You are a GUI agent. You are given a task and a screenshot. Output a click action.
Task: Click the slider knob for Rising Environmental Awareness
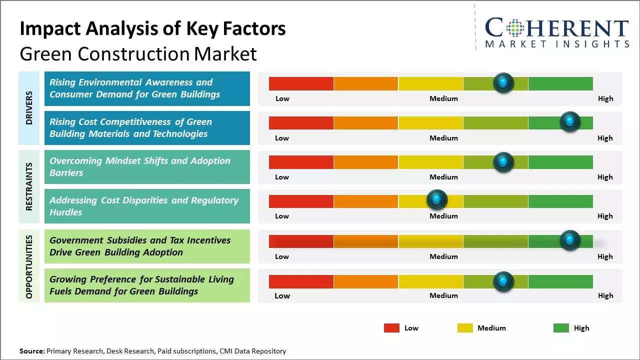coord(503,83)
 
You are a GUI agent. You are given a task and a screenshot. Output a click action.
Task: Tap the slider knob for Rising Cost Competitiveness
coord(569,122)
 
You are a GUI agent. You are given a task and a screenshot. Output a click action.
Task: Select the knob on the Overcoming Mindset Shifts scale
coord(503,161)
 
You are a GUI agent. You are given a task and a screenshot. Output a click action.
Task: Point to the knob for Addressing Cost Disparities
coord(437,200)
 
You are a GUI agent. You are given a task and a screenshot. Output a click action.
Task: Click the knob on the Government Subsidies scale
coord(569,240)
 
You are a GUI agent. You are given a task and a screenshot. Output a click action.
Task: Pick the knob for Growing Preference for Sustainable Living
coord(503,281)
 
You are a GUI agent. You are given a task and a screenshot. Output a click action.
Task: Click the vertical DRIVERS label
coord(29,107)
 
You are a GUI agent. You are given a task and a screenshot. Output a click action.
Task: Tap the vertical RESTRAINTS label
coord(29,186)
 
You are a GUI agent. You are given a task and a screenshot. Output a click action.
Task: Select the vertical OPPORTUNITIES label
coord(29,266)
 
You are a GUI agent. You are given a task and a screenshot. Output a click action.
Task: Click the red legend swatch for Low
coord(391,328)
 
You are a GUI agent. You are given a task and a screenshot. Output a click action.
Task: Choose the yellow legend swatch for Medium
coord(465,328)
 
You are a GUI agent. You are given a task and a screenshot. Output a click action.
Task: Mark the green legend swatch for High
coord(561,328)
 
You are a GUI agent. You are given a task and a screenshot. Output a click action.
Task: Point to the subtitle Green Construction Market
coord(138,54)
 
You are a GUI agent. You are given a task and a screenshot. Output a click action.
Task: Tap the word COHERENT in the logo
coord(557,28)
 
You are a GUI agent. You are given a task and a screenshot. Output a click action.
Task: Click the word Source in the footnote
coord(31,351)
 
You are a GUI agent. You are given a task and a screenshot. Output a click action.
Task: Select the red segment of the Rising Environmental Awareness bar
coord(301,83)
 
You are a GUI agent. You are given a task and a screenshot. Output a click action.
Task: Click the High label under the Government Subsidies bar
coord(605,256)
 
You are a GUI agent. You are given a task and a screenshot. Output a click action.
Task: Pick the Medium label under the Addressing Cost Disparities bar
coord(443,216)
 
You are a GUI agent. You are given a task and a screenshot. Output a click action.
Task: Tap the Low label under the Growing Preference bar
coord(282,295)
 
